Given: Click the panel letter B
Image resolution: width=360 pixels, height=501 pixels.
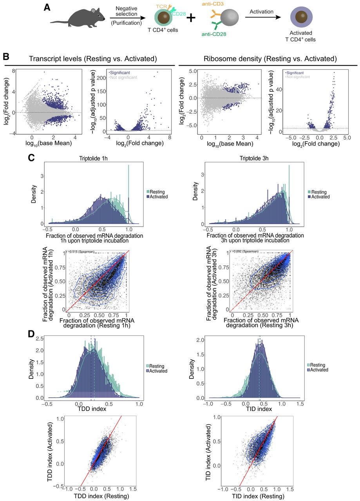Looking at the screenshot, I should [6, 57].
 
